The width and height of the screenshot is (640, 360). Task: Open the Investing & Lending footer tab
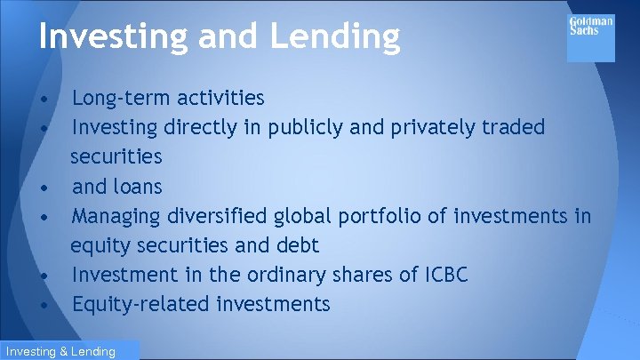59,351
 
